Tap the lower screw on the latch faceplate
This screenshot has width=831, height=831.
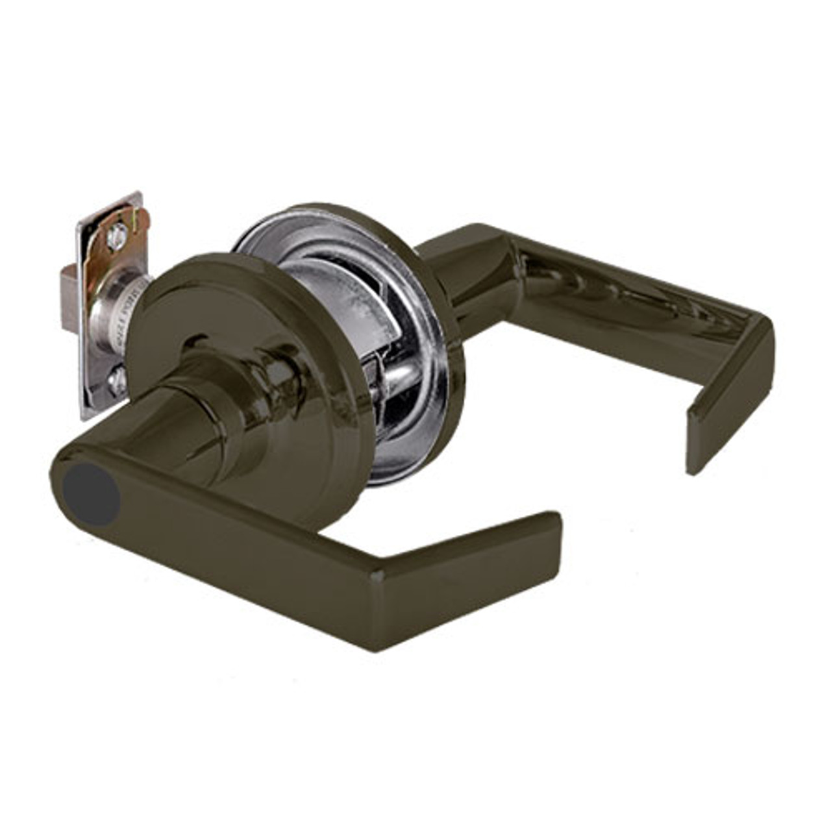click(118, 382)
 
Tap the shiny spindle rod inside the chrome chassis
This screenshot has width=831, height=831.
click(396, 377)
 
